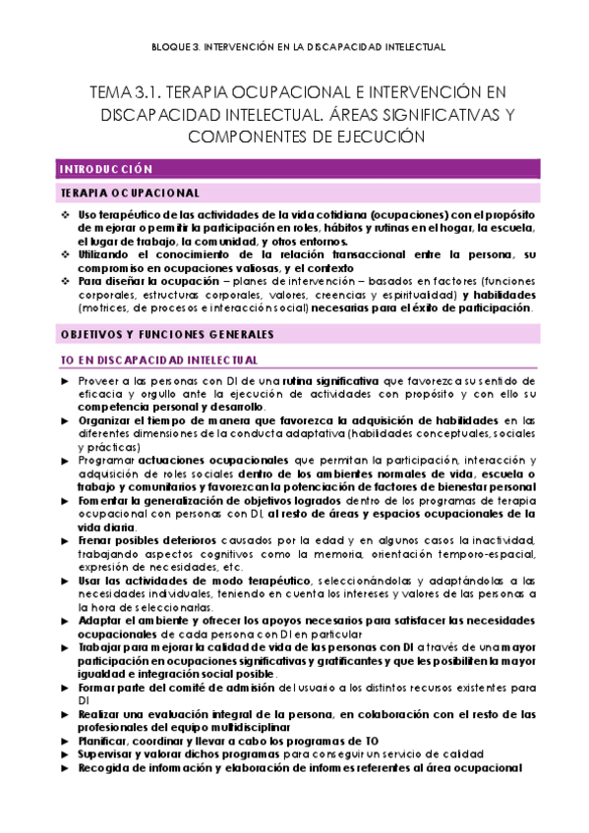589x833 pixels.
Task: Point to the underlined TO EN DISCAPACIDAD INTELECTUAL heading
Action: [158, 361]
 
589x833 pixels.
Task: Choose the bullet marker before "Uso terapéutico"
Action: [65, 215]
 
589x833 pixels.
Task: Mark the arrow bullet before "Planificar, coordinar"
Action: [65, 740]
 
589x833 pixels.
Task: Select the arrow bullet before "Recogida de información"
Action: [65, 767]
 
